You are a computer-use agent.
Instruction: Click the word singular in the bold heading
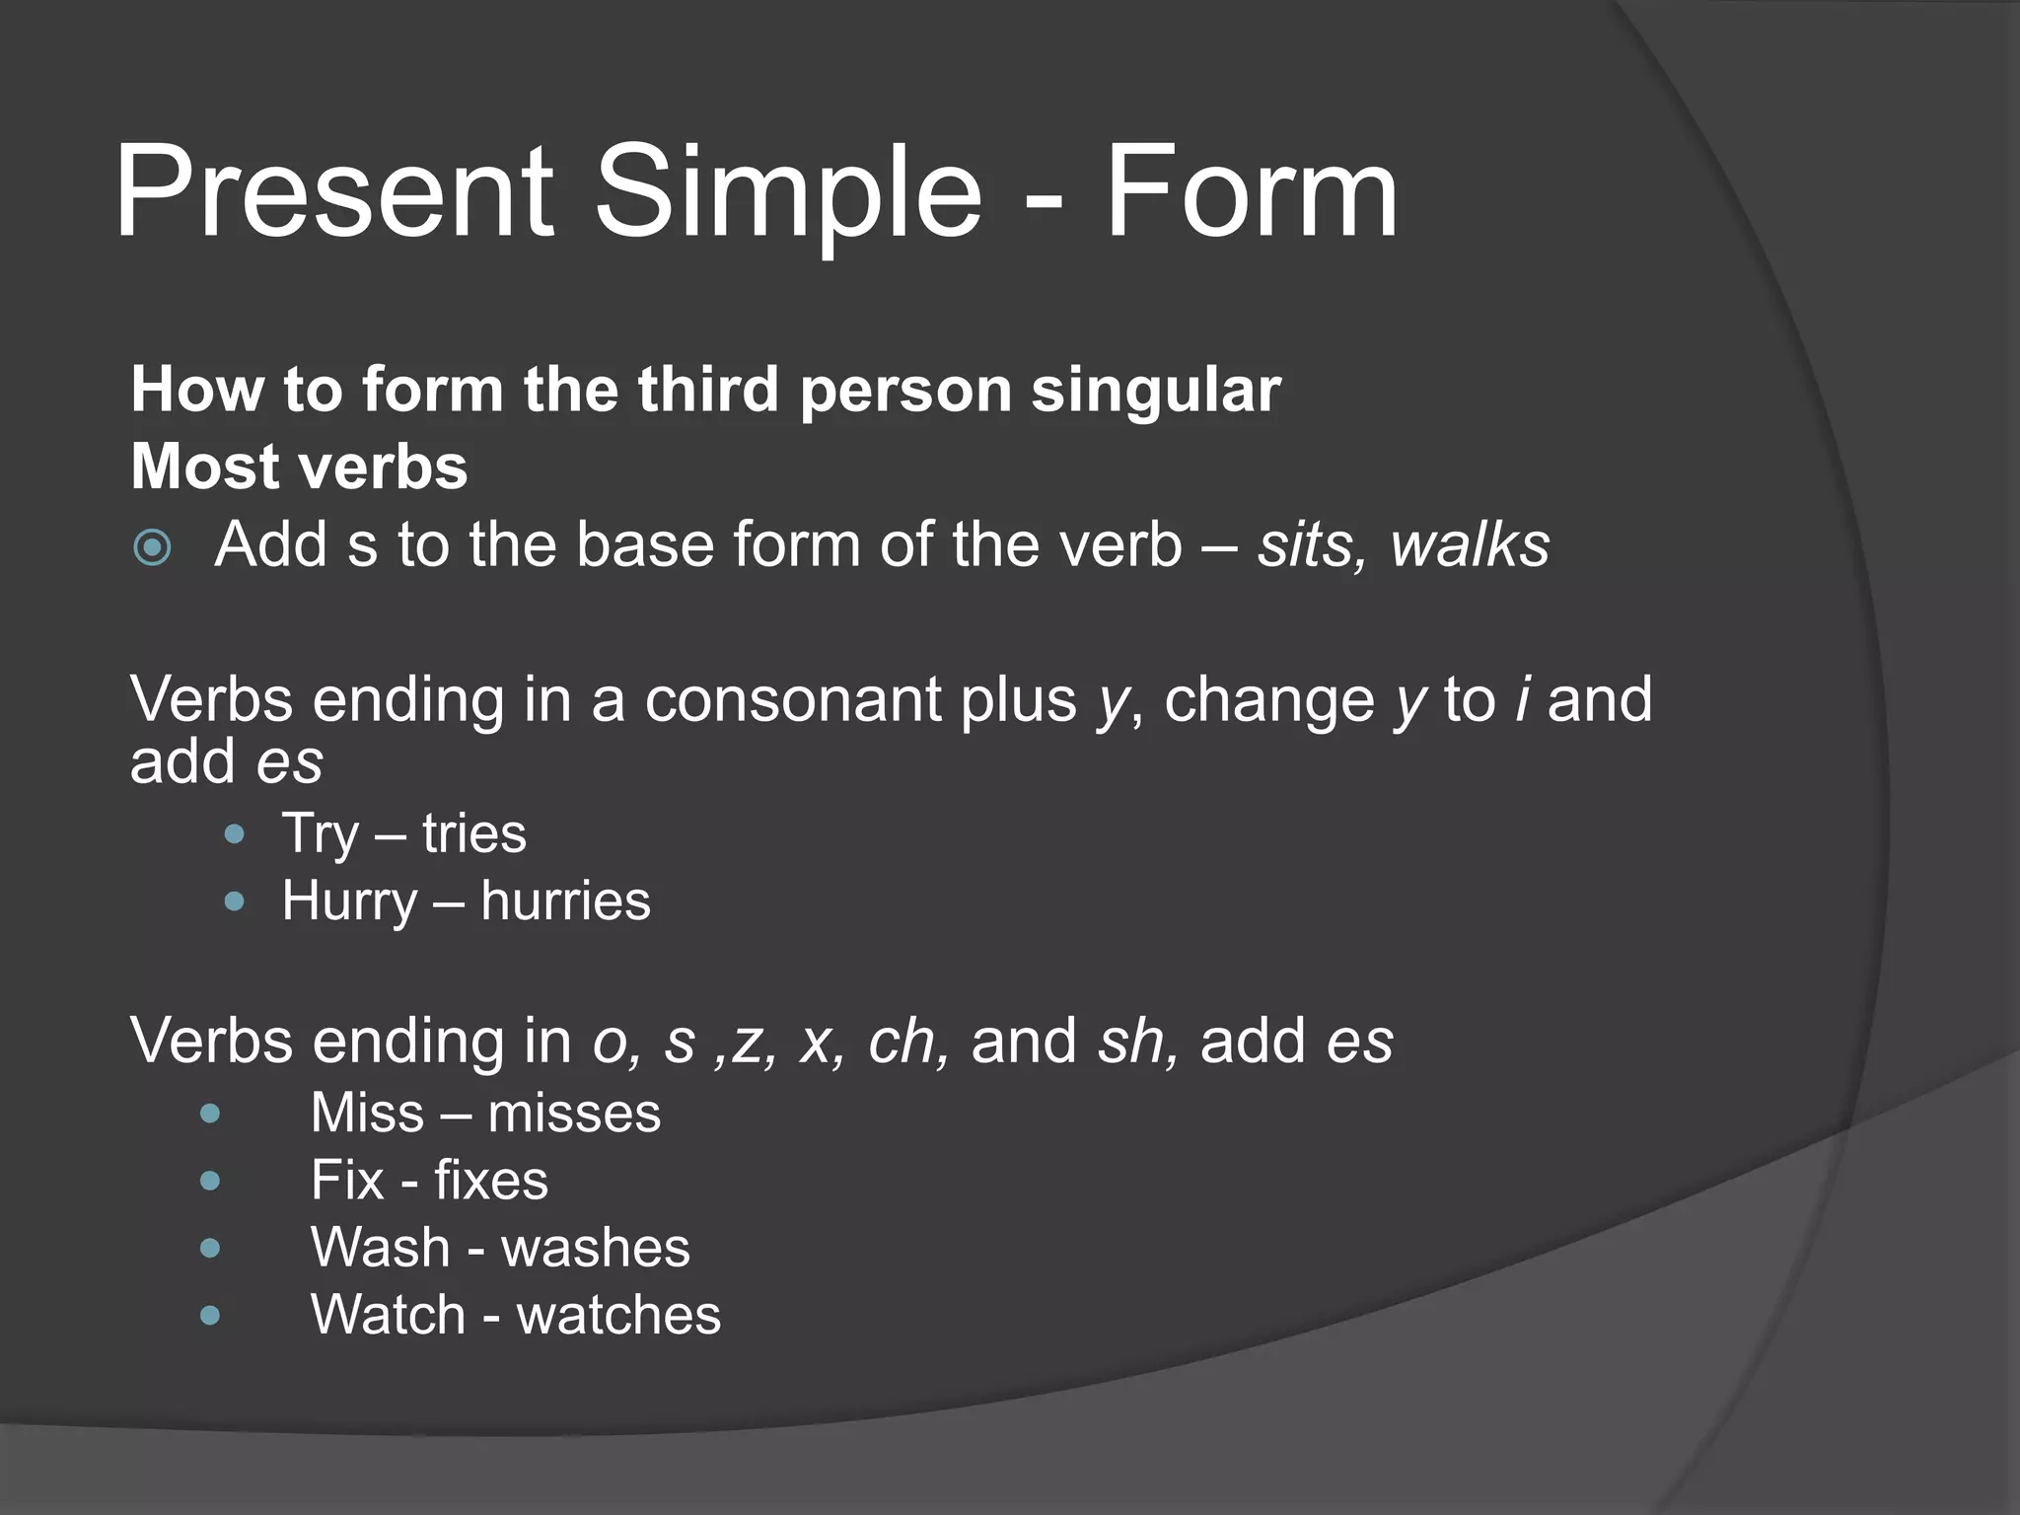[1155, 391]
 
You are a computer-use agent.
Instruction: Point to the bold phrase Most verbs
[299, 467]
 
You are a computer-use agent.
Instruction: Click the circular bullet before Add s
[152, 547]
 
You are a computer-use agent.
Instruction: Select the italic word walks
[1470, 545]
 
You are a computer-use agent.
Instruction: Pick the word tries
[474, 833]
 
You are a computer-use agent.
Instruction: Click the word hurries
[565, 902]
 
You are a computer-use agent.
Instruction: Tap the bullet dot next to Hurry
[235, 902]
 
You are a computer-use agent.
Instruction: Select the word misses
[574, 1115]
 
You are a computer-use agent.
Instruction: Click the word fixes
[491, 1182]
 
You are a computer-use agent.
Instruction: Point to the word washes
[596, 1249]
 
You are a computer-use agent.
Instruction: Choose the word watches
[618, 1316]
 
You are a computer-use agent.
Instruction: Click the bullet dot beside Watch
[210, 1316]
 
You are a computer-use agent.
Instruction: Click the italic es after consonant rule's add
[289, 763]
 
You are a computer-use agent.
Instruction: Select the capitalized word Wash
[381, 1249]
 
